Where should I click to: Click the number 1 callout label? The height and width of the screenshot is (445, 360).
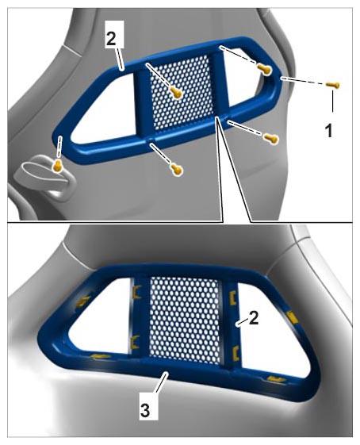[329, 132]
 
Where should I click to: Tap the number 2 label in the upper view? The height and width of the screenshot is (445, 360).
[111, 40]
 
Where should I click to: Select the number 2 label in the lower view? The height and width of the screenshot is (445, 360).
[253, 318]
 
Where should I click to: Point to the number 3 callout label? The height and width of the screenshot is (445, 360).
[145, 410]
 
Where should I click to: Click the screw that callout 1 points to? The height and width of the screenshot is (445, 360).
[333, 85]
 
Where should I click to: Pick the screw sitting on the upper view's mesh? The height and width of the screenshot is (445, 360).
[176, 92]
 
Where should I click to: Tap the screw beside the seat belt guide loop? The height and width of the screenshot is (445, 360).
[58, 166]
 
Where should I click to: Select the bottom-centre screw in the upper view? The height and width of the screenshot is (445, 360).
[177, 170]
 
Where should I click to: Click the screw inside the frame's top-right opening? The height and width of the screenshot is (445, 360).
[264, 69]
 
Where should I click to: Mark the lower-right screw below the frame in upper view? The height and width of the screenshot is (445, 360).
[271, 139]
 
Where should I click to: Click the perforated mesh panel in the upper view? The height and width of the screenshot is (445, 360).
[182, 91]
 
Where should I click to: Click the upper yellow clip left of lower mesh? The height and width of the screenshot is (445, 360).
[136, 292]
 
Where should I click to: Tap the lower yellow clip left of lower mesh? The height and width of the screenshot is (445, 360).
[135, 342]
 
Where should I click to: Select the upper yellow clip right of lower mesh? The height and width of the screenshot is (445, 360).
[232, 298]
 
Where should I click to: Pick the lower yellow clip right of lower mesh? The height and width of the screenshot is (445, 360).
[235, 353]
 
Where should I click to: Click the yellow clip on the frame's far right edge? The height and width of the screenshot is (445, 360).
[292, 317]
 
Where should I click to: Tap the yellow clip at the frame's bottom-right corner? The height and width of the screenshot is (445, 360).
[274, 379]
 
